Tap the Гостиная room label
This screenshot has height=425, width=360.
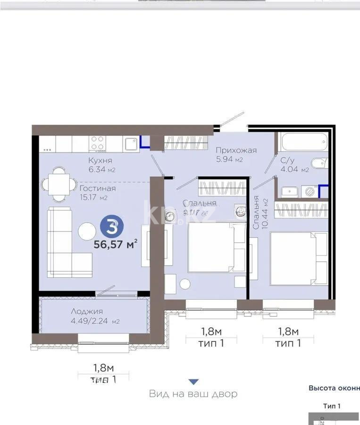point(94,188)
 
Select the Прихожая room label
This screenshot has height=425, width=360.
point(236,150)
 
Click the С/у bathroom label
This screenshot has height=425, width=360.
point(288,160)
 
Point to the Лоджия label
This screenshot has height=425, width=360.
point(87,311)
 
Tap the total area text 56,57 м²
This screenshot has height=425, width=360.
point(116,244)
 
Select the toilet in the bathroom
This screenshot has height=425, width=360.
point(319,163)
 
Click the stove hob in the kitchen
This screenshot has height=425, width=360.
point(98,143)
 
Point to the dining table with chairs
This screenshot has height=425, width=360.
point(58,184)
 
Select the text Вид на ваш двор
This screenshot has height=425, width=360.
point(193,394)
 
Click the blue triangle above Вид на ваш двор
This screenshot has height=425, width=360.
point(193,382)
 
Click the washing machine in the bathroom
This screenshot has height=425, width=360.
point(310,192)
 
